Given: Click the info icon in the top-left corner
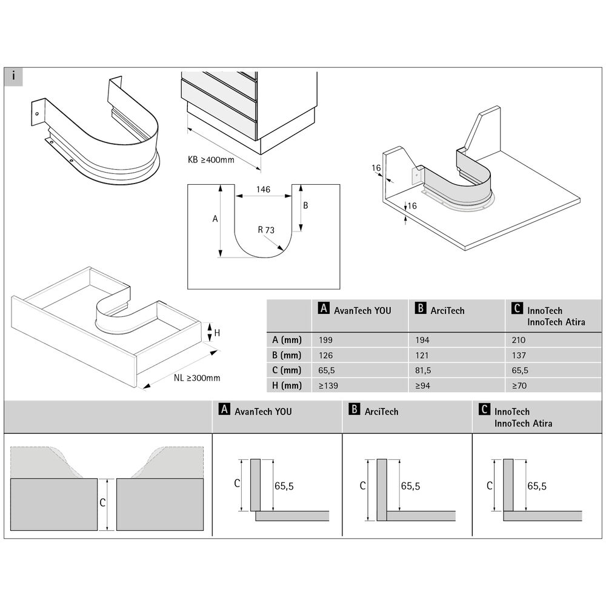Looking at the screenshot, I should pyautogui.click(x=13, y=77).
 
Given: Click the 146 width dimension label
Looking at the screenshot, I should pyautogui.click(x=263, y=190).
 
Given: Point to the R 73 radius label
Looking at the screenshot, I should pyautogui.click(x=265, y=230).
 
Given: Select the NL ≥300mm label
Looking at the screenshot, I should pyautogui.click(x=197, y=378).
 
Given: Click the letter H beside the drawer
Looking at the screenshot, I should pyautogui.click(x=217, y=333).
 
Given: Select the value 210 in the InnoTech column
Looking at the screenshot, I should pyautogui.click(x=519, y=340).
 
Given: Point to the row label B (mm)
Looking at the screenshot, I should pyautogui.click(x=284, y=355).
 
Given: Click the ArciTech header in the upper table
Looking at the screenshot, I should pyautogui.click(x=447, y=310).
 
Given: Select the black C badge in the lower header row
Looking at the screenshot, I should pyautogui.click(x=484, y=410).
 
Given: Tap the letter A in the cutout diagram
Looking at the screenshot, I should pyautogui.click(x=215, y=219).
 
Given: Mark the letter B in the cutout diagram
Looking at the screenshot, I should pyautogui.click(x=305, y=205).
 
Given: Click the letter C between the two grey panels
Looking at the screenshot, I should pyautogui.click(x=102, y=502).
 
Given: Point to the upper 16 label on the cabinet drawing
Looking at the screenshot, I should pyautogui.click(x=376, y=167).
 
